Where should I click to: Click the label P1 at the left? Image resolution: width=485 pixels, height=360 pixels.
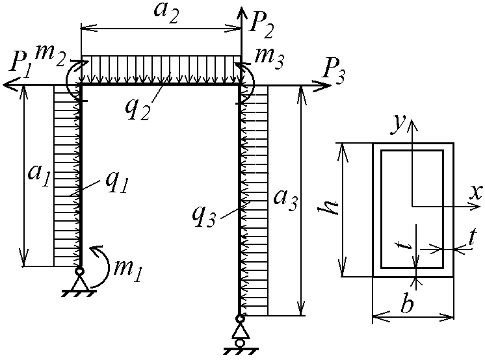click(20, 67)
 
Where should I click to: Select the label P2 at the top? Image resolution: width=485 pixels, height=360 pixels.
click(262, 26)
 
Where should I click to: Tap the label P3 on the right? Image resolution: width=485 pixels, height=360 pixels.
click(333, 72)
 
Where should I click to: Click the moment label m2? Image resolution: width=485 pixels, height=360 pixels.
click(49, 55)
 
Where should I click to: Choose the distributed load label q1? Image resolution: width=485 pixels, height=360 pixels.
click(115, 183)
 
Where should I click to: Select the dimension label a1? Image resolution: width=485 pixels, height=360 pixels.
click(38, 175)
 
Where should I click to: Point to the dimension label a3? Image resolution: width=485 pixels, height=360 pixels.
click(286, 201)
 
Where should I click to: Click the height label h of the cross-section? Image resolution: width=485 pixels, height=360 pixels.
click(329, 208)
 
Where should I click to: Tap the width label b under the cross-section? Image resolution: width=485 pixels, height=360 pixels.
click(406, 304)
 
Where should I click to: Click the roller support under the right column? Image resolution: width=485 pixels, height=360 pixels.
click(240, 335)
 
